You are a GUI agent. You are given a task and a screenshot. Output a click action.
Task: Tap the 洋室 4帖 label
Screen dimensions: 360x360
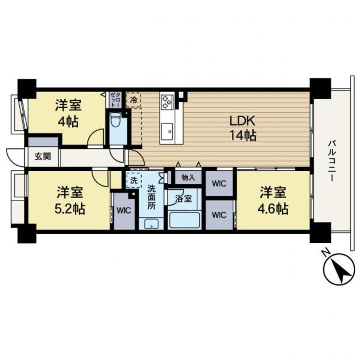68,114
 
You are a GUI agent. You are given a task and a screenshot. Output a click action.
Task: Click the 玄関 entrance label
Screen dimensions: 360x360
43,156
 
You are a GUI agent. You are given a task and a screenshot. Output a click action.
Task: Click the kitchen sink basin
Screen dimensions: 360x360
167,132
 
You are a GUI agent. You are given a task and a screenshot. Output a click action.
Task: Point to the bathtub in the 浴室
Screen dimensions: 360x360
184,220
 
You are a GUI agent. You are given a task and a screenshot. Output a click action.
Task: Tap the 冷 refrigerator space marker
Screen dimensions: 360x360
133,100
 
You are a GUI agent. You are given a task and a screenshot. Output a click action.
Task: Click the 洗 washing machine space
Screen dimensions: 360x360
133,180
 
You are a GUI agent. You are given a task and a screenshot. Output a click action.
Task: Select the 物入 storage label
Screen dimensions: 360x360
188,178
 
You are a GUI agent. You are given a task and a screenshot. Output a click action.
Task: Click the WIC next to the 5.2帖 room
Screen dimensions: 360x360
124,211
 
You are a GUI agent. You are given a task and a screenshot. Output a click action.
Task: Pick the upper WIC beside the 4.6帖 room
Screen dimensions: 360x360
219,184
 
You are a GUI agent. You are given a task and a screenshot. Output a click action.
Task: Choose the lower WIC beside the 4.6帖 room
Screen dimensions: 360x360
219,215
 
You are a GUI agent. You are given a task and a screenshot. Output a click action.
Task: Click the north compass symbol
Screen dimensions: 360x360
339,269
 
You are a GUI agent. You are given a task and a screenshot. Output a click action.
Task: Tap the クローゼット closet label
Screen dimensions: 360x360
115,99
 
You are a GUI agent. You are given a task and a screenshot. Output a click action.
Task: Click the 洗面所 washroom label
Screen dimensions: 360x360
152,197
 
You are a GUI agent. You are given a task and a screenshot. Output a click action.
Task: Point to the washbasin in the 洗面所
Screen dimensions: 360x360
151,224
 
